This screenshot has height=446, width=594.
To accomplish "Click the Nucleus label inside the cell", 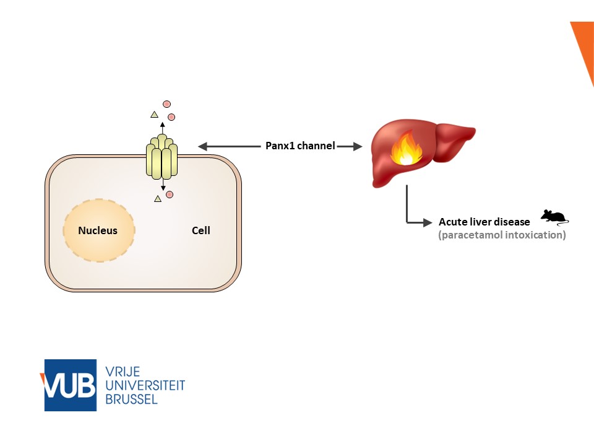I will tap(98, 231).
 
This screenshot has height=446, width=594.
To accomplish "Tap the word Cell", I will tap(201, 231).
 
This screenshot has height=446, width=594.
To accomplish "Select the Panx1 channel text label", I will tap(298, 146).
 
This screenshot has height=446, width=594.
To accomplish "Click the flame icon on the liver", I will tap(405, 149).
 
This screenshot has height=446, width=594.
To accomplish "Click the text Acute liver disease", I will tap(484, 222).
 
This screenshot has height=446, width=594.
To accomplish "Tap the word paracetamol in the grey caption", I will tap(466, 236).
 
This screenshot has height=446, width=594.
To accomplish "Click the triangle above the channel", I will tap(154, 114).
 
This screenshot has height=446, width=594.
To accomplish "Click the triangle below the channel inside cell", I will tap(158, 199).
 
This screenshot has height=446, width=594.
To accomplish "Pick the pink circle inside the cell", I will tap(170, 195).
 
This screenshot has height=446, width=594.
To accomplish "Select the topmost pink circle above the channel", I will tap(166, 104).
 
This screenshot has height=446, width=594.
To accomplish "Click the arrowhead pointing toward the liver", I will tap(357, 146).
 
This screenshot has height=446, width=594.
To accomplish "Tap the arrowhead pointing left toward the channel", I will tap(202, 146).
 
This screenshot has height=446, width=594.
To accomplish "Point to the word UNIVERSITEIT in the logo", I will tap(146, 385).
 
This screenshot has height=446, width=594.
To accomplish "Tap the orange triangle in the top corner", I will tap(585, 43).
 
